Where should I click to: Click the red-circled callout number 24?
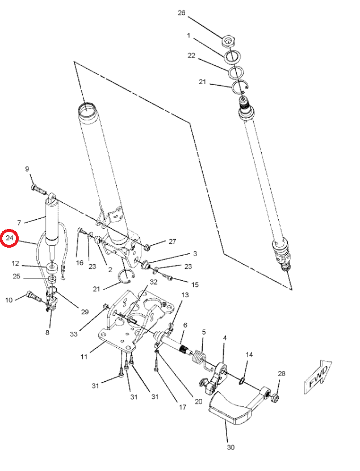(10, 239)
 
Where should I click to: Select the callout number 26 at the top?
(181, 12)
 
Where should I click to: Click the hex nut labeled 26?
(229, 41)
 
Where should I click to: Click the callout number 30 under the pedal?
(231, 447)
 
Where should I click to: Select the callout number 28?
(282, 373)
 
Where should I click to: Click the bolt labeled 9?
(35, 187)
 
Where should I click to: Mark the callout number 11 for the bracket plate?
(83, 357)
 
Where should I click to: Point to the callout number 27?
(172, 241)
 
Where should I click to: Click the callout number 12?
(16, 264)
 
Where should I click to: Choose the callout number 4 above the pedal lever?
(225, 337)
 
